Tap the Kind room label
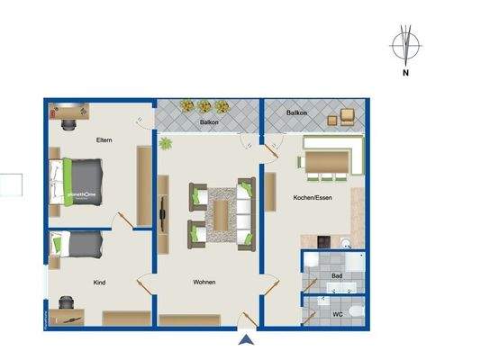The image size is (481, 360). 100,282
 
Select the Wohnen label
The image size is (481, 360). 204,282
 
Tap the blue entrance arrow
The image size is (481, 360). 244,339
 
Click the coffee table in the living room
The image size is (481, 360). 222,213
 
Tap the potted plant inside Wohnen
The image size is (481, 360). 165,142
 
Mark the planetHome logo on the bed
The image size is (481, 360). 83,193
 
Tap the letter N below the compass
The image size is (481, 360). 406,74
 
